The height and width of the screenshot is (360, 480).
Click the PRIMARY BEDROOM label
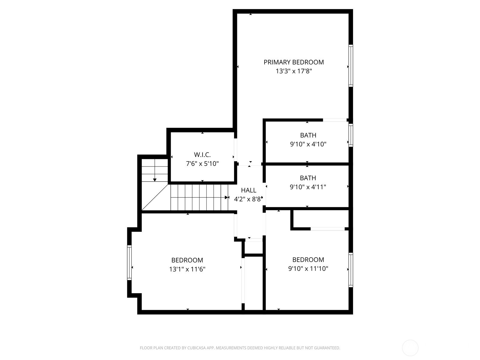click(x=293, y=62)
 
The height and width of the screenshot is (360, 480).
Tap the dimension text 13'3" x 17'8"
click(x=293, y=71)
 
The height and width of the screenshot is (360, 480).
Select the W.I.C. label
click(x=202, y=155)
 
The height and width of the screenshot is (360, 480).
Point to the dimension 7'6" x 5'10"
click(x=202, y=164)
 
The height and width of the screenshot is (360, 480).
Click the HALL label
click(x=249, y=190)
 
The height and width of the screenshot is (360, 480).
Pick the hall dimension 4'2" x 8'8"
click(x=248, y=199)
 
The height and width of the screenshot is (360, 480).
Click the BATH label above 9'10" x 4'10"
click(x=308, y=135)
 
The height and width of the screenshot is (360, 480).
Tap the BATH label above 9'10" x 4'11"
click(x=308, y=178)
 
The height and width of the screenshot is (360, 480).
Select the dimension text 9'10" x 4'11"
click(x=308, y=187)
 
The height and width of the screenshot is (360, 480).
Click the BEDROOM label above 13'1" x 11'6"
click(x=187, y=260)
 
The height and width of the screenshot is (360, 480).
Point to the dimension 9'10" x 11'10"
click(x=308, y=268)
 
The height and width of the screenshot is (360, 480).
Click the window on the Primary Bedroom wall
click(x=350, y=66)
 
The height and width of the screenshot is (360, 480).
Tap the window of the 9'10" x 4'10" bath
click(x=350, y=135)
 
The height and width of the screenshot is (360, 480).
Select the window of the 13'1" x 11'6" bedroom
click(x=129, y=262)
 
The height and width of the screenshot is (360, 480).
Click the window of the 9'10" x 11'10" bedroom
click(x=350, y=270)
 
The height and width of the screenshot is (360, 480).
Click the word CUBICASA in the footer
click(x=196, y=348)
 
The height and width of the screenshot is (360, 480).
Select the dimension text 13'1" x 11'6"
click(x=187, y=269)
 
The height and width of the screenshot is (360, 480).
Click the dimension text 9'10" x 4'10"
click(x=308, y=144)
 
